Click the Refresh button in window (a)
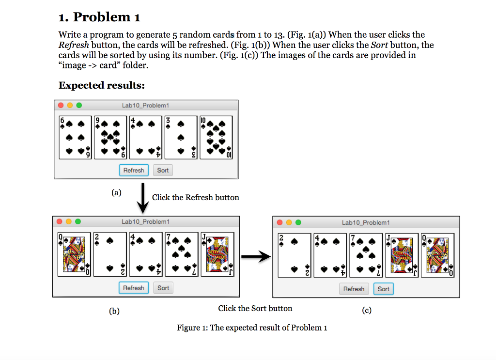tap(134, 170)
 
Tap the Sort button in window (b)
tap(163, 288)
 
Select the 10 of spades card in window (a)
tap(216, 138)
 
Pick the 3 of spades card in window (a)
tap(181, 138)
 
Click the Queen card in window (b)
tap(74, 254)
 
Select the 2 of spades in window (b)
tap(110, 254)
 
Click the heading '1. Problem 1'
tap(99, 17)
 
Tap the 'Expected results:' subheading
tap(102, 85)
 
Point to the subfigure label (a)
tap(116, 192)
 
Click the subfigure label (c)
tap(367, 310)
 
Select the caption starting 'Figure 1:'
tap(252, 328)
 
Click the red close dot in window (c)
tap(279, 222)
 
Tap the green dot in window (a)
tap(79, 105)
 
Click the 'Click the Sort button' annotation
tap(255, 308)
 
